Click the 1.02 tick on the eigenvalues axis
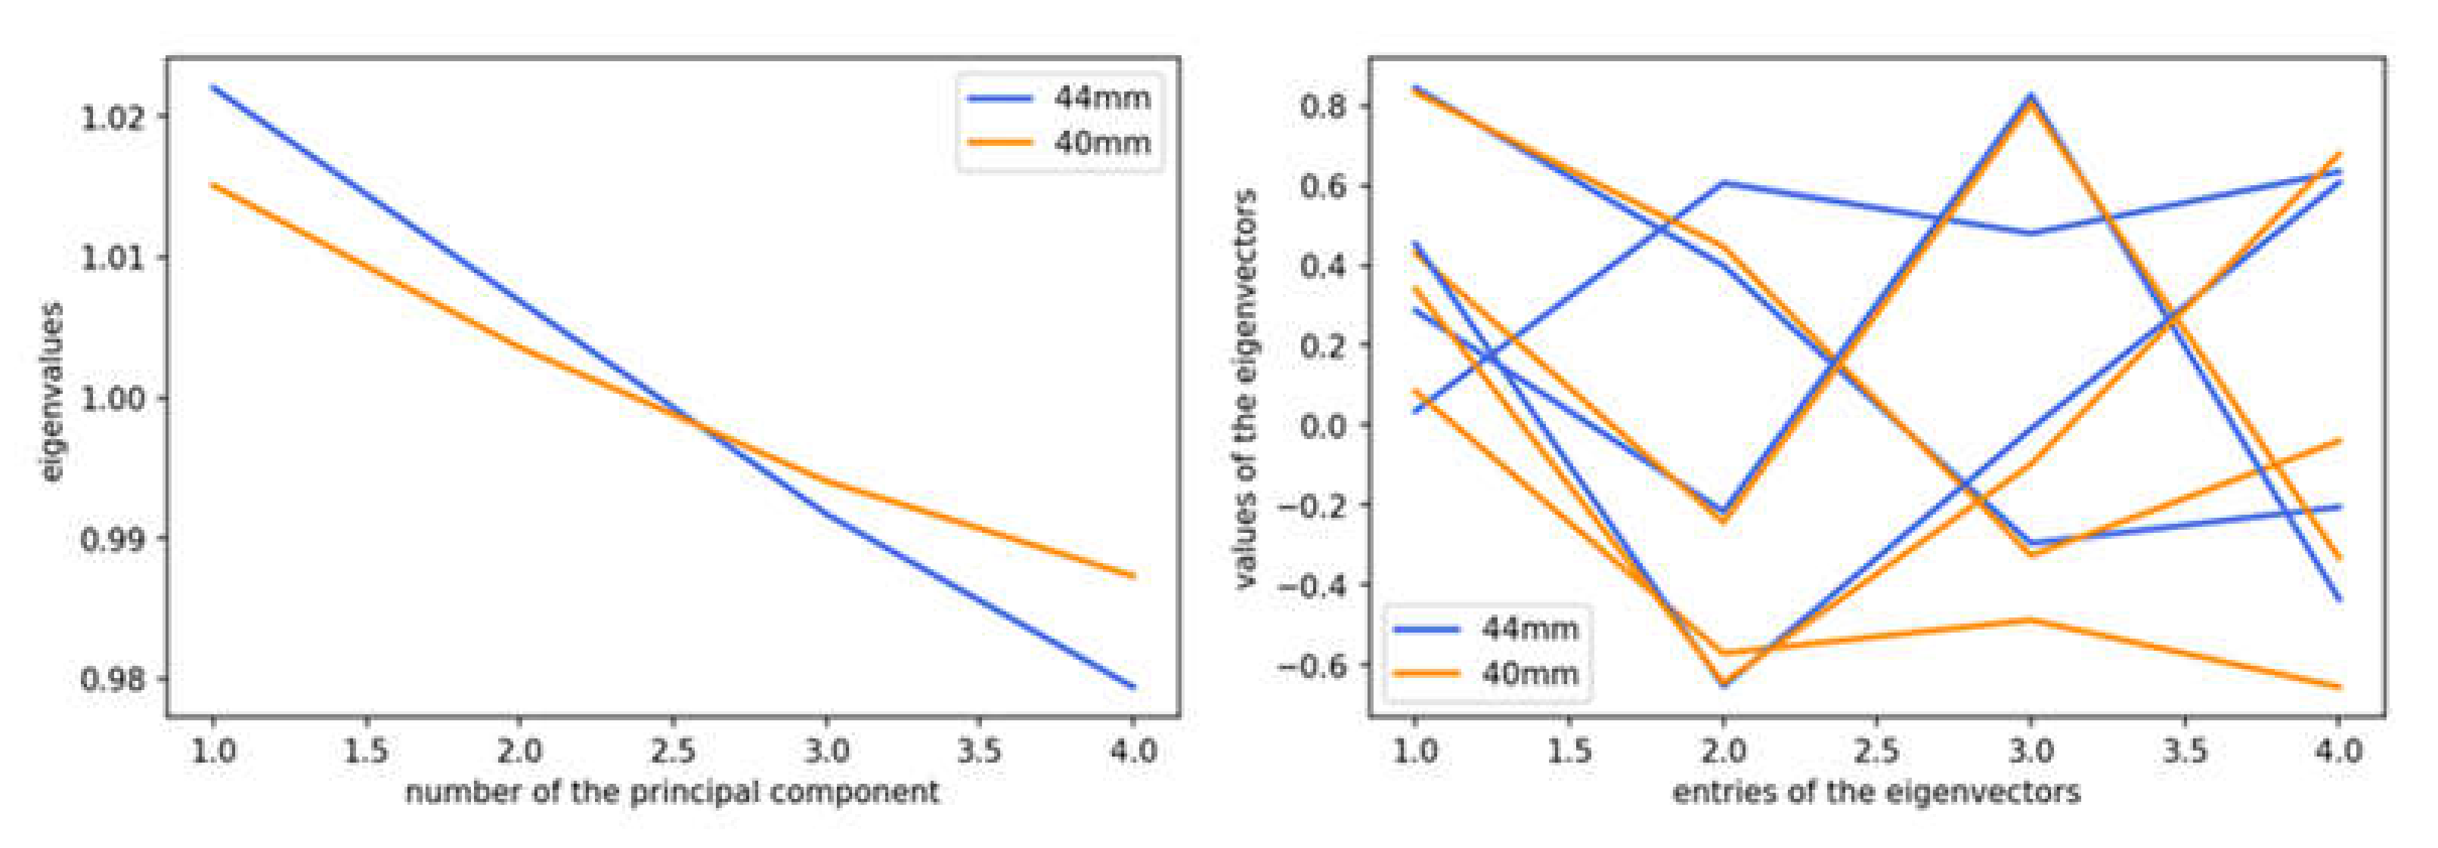pos(113,117)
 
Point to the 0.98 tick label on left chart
pos(113,679)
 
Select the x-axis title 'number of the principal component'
pos(672,792)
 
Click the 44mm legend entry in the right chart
pos(1486,628)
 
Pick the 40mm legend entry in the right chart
pos(1486,674)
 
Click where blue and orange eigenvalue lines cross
pos(698,423)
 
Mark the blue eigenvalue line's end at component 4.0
pos(1134,687)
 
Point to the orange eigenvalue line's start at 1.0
pos(213,184)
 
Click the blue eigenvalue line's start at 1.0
pos(213,87)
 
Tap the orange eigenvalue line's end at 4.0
pos(1134,575)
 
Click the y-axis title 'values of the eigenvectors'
pos(1247,388)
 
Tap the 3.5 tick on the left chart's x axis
pos(980,751)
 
